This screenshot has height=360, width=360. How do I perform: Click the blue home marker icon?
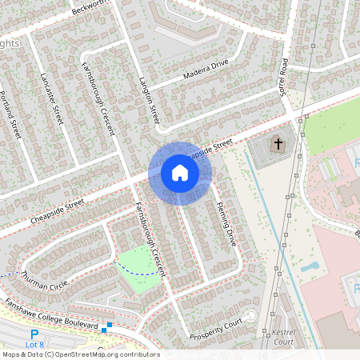pyautogui.click(x=180, y=172)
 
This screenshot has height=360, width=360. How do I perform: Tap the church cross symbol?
pyautogui.click(x=278, y=145)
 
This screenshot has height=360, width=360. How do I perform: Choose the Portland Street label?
pyautogui.click(x=9, y=116)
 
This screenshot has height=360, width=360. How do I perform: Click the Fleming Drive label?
pyautogui.click(x=226, y=223)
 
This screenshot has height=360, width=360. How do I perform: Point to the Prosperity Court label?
pyautogui.click(x=215, y=330)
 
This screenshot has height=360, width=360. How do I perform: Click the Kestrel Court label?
pyautogui.click(x=284, y=335)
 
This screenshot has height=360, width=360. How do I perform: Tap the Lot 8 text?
pyautogui.click(x=34, y=345)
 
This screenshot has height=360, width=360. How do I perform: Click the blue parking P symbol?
pyautogui.click(x=34, y=334)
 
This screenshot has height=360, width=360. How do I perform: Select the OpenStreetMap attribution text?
pyautogui.click(x=80, y=354)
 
